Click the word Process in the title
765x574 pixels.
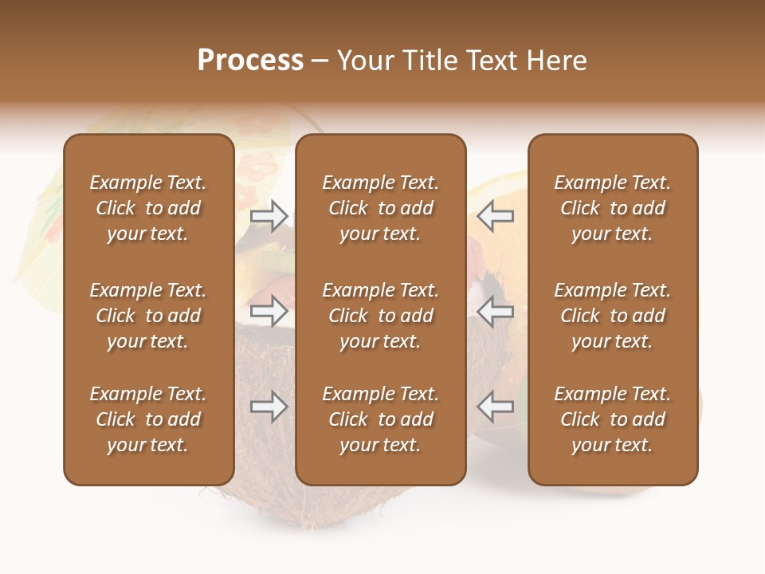(250, 61)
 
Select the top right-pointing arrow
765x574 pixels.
(269, 215)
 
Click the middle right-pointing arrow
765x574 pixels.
(269, 311)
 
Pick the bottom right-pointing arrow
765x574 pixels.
(269, 407)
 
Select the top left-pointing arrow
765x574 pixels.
(495, 215)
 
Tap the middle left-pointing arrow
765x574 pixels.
(495, 311)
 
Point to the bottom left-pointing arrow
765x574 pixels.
(495, 407)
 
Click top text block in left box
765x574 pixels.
(148, 208)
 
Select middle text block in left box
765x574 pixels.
(148, 316)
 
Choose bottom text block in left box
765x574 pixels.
(148, 419)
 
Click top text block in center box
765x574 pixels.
(380, 208)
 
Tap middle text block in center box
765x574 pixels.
(380, 316)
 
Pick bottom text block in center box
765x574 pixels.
(380, 419)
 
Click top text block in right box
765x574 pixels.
(612, 208)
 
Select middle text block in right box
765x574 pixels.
(612, 316)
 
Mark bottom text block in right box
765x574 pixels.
(612, 419)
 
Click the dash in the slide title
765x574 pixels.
(320, 62)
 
